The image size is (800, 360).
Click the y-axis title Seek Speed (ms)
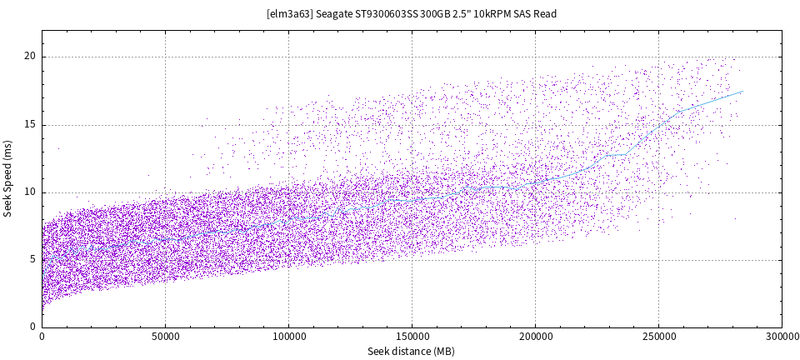pos(8,178)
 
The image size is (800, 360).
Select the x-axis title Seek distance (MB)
pos(411,352)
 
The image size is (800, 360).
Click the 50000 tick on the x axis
pos(165,337)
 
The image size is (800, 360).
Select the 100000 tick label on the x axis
pos(288,337)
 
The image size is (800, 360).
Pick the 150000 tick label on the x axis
pos(412,337)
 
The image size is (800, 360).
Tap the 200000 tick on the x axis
pos(535,337)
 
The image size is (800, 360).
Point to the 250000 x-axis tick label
pos(658,337)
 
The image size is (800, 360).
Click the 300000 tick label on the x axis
pos(781,337)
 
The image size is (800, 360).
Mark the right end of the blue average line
pos(742,92)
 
